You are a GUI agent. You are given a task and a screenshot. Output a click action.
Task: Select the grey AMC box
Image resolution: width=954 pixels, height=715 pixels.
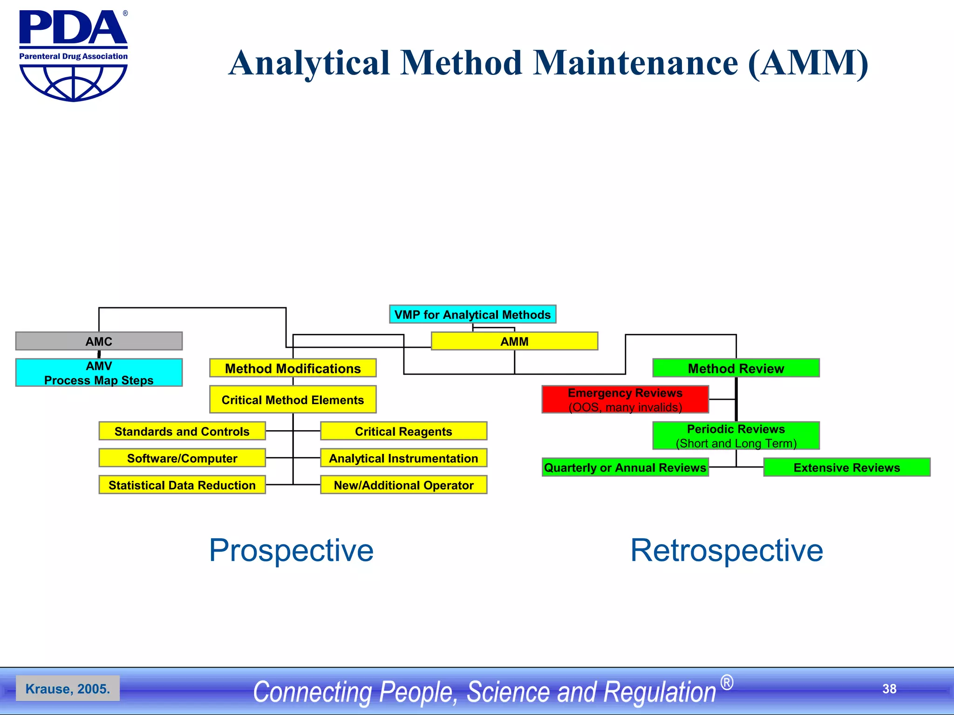coord(99,341)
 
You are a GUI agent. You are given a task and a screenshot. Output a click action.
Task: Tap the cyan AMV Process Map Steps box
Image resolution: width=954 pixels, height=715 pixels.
coord(99,373)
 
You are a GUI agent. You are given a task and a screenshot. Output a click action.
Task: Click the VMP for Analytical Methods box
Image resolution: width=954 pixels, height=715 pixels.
coord(472,315)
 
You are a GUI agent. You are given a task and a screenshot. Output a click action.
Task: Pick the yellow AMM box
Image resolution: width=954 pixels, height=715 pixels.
coord(514,341)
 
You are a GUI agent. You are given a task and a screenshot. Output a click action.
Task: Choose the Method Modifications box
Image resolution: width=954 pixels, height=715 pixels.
coord(293,368)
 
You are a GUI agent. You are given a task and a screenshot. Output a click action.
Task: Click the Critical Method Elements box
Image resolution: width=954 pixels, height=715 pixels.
coord(293,399)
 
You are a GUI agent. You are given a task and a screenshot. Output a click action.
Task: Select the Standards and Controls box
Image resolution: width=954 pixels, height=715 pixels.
coord(182,431)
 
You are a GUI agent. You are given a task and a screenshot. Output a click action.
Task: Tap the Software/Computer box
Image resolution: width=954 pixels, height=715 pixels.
coord(182,458)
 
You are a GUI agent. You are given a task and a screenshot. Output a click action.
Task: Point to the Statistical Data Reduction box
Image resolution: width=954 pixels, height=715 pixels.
coord(182,485)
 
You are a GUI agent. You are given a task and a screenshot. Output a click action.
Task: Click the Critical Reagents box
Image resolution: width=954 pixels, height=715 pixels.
coord(403,431)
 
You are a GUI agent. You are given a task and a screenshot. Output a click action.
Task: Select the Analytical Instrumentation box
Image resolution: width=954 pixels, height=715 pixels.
coord(403,458)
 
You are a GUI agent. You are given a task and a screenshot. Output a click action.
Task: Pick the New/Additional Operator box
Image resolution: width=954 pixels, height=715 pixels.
coord(403,485)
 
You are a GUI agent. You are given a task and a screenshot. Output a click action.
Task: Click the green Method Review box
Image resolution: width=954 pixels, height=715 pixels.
coord(736,368)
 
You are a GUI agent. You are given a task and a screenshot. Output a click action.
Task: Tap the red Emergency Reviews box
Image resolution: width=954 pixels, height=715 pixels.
coord(625,399)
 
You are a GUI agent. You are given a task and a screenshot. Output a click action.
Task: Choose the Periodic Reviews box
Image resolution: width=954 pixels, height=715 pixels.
coord(736,436)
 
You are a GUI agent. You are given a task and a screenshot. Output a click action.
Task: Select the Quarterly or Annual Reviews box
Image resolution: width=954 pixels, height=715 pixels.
coord(625,467)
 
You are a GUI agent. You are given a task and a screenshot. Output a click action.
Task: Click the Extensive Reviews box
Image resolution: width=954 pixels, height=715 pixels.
coord(846,467)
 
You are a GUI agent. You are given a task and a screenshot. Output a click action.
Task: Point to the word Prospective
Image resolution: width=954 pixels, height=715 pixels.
coord(291,550)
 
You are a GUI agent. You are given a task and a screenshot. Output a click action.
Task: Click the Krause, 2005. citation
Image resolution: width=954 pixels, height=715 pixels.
coord(68,688)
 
